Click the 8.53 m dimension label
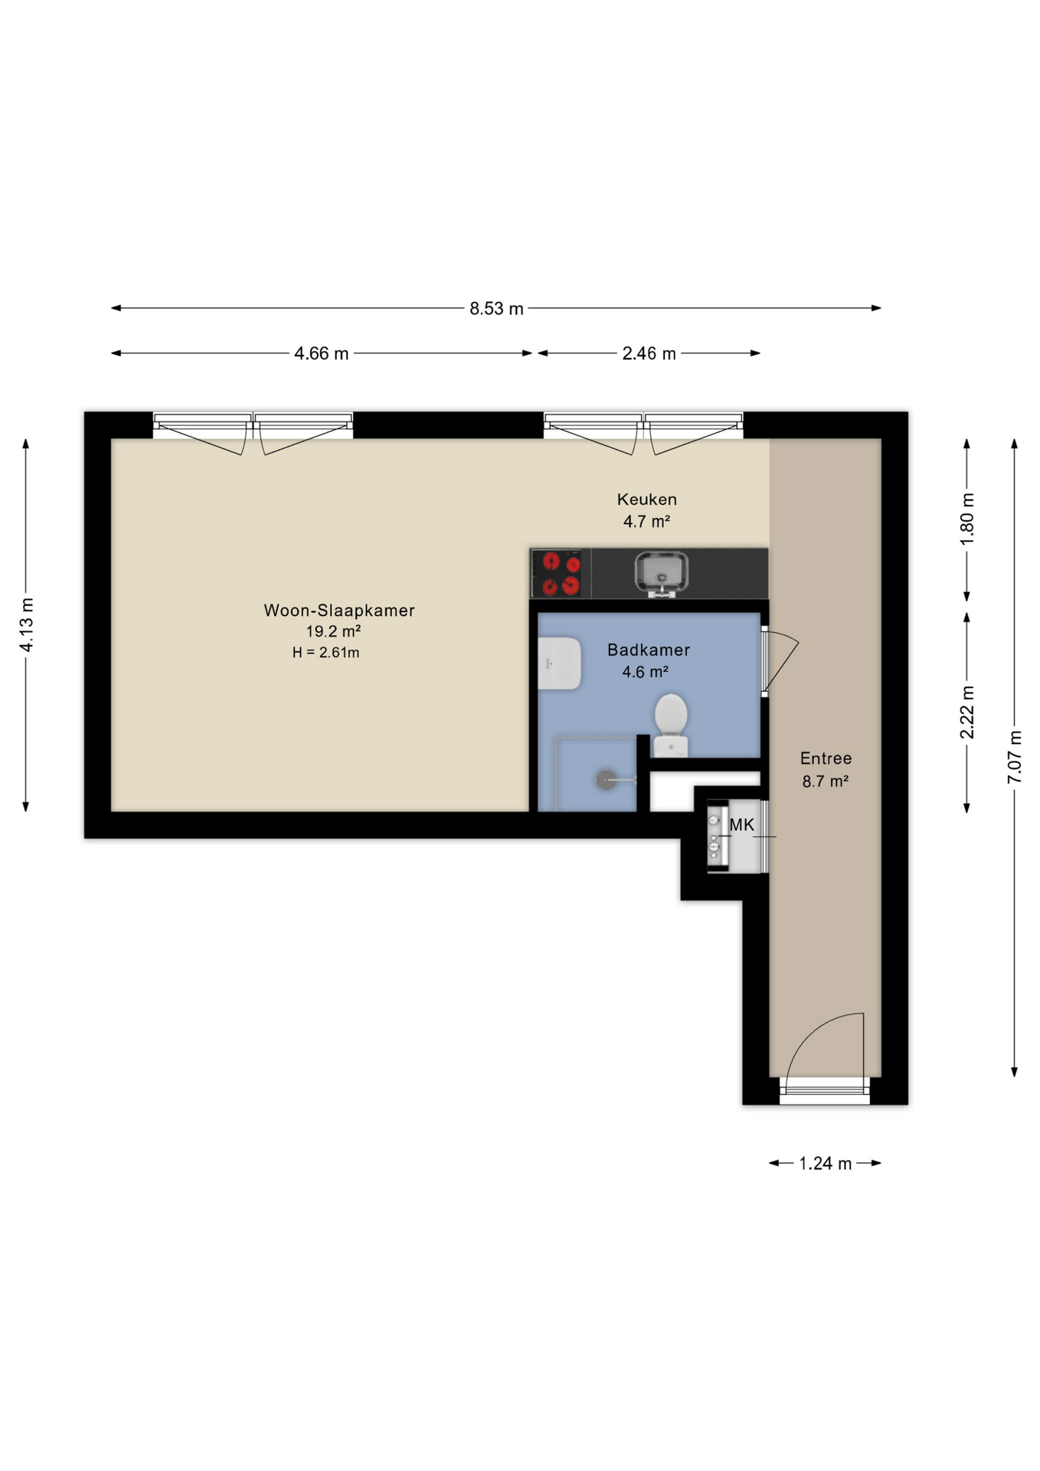click(495, 309)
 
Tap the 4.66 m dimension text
click(321, 354)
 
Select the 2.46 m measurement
click(648, 354)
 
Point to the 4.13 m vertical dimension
click(27, 624)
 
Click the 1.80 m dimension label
click(967, 519)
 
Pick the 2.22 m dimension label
click(967, 712)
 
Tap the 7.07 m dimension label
click(1015, 757)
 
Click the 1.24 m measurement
click(825, 1164)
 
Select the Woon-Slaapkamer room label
click(338, 611)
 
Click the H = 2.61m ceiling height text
click(325, 653)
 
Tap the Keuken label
click(646, 500)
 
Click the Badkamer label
click(648, 650)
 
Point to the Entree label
click(825, 758)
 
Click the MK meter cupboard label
click(741, 825)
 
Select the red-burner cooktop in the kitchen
click(561, 574)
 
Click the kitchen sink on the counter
click(661, 572)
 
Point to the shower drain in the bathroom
click(605, 780)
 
